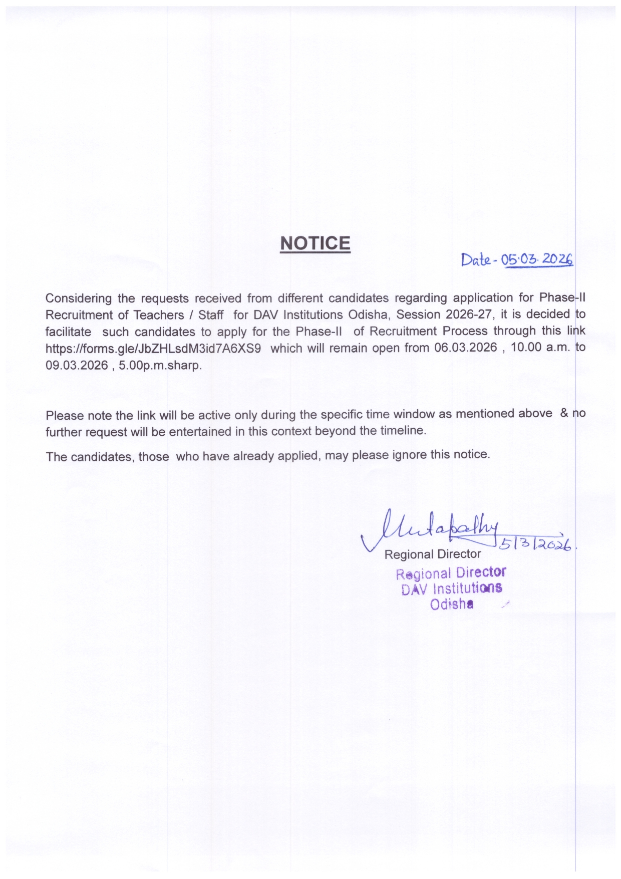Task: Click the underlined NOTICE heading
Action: (315, 243)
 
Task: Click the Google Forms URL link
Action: (153, 348)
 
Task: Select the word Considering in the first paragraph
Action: (79, 299)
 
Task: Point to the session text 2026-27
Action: (467, 315)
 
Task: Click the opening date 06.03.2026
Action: (466, 348)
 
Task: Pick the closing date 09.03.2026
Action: (77, 365)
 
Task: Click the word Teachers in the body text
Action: (159, 315)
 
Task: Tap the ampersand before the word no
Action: (564, 413)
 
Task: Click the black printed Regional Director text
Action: (432, 554)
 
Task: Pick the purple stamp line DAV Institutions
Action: (451, 589)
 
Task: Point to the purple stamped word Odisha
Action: (451, 604)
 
